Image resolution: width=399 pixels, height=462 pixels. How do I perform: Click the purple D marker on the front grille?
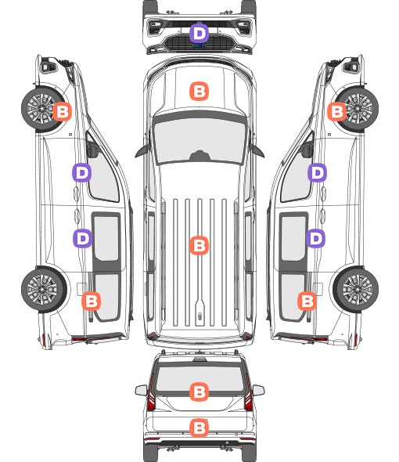(x=199, y=34)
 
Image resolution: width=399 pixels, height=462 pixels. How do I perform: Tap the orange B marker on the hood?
(x=199, y=91)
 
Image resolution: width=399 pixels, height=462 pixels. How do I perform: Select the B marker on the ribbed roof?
(x=199, y=245)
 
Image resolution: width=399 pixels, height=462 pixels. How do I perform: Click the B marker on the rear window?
(x=199, y=392)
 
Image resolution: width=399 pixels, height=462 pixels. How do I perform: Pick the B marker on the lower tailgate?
(x=199, y=428)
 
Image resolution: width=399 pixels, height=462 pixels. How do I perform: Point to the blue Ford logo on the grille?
(x=199, y=45)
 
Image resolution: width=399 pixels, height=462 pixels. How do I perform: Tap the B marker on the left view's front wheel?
(x=62, y=111)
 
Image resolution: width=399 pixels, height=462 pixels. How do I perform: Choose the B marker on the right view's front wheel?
(x=337, y=111)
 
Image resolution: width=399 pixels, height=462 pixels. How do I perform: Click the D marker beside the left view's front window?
(x=82, y=172)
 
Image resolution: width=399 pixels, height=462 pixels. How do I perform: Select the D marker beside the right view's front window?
(x=317, y=172)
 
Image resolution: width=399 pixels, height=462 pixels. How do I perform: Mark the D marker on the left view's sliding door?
(x=82, y=238)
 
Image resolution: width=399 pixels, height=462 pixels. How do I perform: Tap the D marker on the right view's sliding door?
(x=315, y=238)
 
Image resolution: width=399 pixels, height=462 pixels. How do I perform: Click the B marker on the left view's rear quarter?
(x=91, y=301)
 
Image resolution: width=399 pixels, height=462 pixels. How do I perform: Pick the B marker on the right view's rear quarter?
(x=307, y=301)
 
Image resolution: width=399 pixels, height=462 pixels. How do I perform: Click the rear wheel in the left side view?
(x=43, y=290)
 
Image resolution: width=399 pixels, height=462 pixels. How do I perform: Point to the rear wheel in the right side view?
(x=356, y=290)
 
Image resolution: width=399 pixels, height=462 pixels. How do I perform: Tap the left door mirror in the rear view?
(x=141, y=390)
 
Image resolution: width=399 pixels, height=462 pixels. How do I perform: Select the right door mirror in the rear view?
(x=258, y=390)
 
